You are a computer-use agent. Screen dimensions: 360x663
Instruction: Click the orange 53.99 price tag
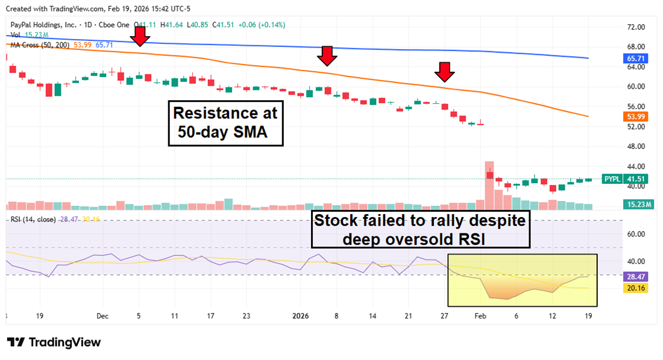click(x=632, y=116)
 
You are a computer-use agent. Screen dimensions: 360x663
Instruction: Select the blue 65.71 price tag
click(x=632, y=58)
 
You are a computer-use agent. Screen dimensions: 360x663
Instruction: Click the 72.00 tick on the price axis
click(x=636, y=27)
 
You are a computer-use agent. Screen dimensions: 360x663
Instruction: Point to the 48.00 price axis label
click(x=636, y=147)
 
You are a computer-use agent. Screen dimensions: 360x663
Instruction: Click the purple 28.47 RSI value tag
click(x=632, y=276)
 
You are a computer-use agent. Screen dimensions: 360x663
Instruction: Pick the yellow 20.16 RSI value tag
click(x=632, y=288)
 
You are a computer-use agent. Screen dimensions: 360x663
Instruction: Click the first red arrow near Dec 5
click(x=140, y=36)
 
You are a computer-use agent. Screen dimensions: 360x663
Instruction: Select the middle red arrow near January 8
click(x=327, y=56)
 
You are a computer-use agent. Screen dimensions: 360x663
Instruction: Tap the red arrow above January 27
click(x=445, y=72)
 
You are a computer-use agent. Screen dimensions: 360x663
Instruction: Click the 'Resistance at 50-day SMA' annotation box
click(x=226, y=123)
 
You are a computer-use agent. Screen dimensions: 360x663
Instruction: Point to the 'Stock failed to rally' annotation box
click(x=421, y=229)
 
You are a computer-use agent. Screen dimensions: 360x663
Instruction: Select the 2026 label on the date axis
click(x=300, y=316)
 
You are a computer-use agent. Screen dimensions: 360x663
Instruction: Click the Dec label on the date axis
click(x=102, y=316)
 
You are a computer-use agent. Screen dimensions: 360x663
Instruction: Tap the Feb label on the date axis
click(x=480, y=316)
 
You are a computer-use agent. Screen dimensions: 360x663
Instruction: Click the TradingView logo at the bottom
click(x=54, y=343)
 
